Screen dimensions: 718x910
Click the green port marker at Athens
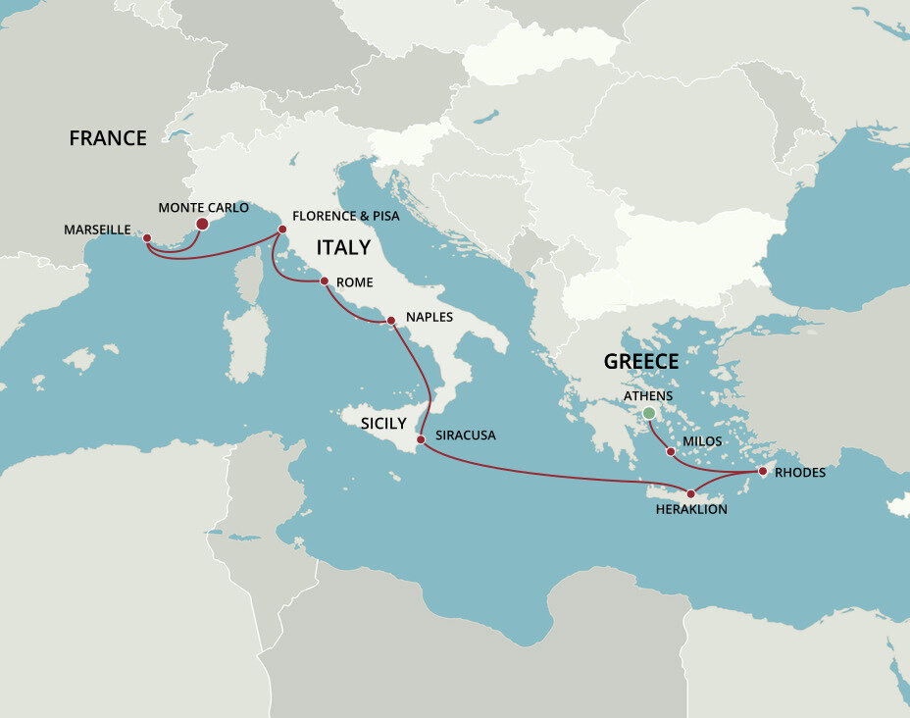[x=648, y=413]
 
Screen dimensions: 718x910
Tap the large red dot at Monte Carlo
[x=202, y=224]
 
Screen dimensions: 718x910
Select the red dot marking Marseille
[x=147, y=237]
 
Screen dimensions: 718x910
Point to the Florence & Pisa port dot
[x=282, y=230]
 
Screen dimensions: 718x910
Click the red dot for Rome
[x=325, y=282]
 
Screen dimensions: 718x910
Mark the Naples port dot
[x=390, y=320]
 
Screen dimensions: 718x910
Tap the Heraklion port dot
[x=691, y=493]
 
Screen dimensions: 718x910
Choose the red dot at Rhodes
[x=763, y=472]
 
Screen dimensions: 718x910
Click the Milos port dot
[x=670, y=452]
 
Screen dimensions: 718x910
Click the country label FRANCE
[x=108, y=138]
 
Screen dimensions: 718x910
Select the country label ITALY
[x=343, y=247]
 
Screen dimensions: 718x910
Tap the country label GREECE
[x=641, y=361]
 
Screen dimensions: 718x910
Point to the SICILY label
[x=383, y=423]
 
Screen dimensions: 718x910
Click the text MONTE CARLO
[x=203, y=208]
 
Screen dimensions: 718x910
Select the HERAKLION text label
[x=690, y=510]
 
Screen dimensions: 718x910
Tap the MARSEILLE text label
[x=98, y=230]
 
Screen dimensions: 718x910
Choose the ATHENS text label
[x=648, y=395]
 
